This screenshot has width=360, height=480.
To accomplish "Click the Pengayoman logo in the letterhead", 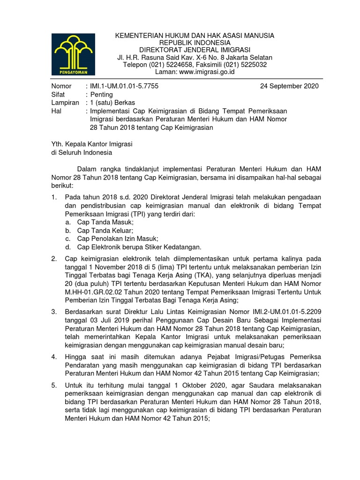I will tap(73, 54).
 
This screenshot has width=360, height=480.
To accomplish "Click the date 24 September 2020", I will tap(289, 86).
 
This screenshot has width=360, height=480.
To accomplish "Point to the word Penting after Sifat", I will tap(102, 95).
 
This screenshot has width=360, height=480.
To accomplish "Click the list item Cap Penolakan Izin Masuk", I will tap(118, 239).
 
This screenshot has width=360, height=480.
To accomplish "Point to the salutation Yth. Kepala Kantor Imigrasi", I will tap(92, 144).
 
